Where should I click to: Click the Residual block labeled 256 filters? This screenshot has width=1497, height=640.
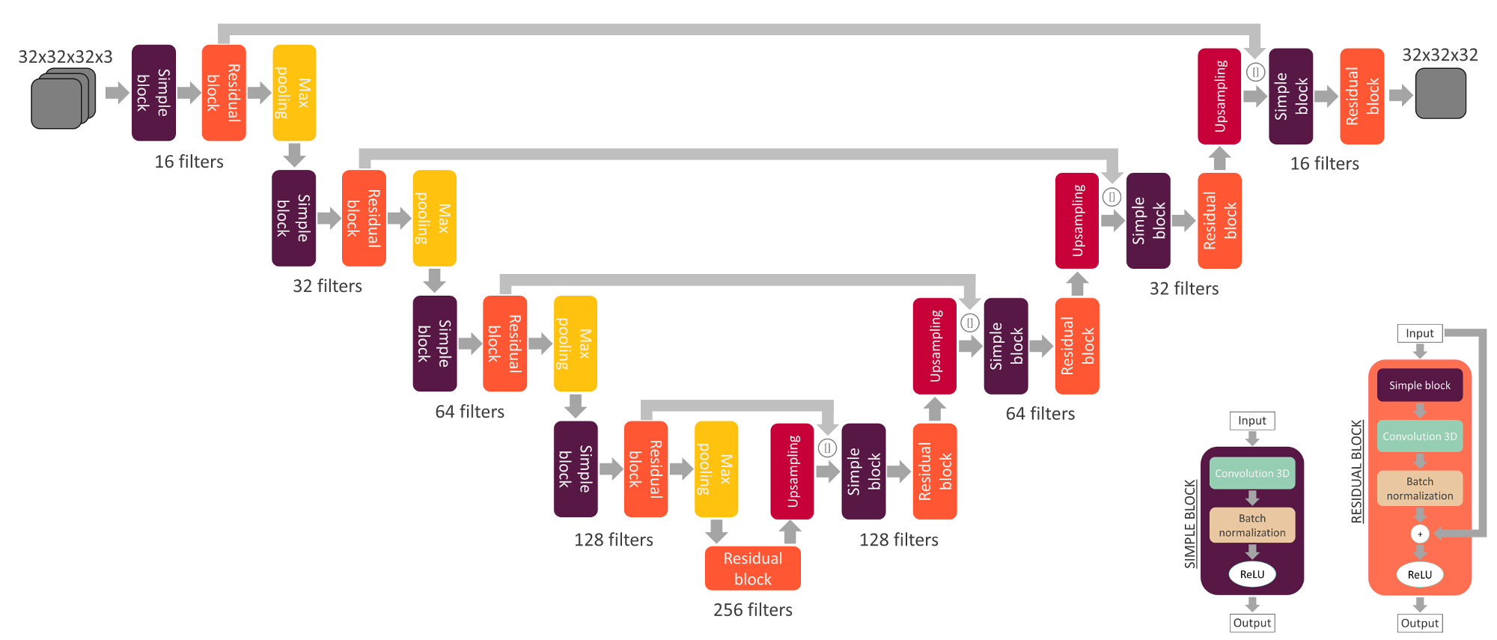pyautogui.click(x=752, y=568)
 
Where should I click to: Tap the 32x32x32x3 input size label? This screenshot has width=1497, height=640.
pyautogui.click(x=65, y=57)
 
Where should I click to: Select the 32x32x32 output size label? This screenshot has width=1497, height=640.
pyautogui.click(x=1439, y=55)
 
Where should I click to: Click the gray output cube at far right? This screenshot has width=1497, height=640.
pyautogui.click(x=1440, y=94)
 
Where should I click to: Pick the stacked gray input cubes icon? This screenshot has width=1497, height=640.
pyautogui.click(x=63, y=98)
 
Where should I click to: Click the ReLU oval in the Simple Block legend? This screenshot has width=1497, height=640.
pyautogui.click(x=1251, y=574)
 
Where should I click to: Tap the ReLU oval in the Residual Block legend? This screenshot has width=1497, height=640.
pyautogui.click(x=1419, y=574)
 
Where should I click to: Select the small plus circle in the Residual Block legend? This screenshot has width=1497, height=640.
pyautogui.click(x=1419, y=534)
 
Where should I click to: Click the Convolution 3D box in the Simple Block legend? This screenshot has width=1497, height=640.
pyautogui.click(x=1251, y=473)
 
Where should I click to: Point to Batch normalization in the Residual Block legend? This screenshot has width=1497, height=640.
pyautogui.click(x=1419, y=488)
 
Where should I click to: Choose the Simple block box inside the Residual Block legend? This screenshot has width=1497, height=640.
pyautogui.click(x=1419, y=385)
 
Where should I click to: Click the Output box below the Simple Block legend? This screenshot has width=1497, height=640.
pyautogui.click(x=1251, y=623)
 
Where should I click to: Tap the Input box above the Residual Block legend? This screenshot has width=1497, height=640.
pyautogui.click(x=1419, y=333)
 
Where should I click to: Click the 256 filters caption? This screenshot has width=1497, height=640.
pyautogui.click(x=752, y=610)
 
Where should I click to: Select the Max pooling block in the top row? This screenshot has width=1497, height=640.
pyautogui.click(x=294, y=93)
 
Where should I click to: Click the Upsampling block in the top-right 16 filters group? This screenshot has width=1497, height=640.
pyautogui.click(x=1219, y=96)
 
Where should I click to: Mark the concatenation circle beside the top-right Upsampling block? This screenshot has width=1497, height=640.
pyautogui.click(x=1255, y=72)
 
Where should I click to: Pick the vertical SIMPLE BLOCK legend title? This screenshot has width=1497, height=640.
pyautogui.click(x=1190, y=524)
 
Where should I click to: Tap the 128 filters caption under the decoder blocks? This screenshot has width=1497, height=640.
pyautogui.click(x=898, y=540)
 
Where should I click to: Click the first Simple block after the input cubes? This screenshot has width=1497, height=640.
pyautogui.click(x=153, y=93)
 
